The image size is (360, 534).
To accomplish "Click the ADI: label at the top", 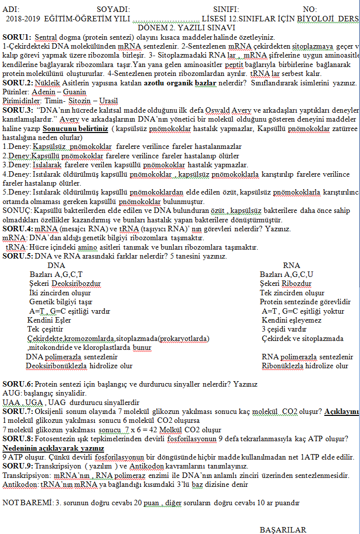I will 10,9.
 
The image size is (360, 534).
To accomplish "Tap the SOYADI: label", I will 113,9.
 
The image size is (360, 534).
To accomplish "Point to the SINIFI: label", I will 226,9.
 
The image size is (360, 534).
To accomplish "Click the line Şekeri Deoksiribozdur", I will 65,284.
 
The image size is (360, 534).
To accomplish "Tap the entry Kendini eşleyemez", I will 292,320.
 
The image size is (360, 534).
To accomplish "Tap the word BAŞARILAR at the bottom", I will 283,530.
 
